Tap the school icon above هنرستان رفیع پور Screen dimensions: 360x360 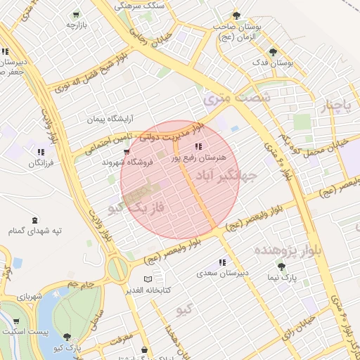[x=198, y=147]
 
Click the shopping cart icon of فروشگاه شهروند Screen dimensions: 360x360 [x=126, y=151]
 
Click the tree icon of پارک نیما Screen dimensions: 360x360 [x=281, y=266]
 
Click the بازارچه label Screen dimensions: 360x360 [x=75, y=25]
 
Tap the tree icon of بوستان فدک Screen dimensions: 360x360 [x=273, y=51]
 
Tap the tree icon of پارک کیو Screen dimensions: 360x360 [x=67, y=337]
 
